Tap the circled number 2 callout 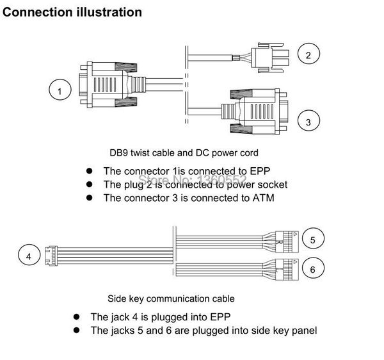[308, 54]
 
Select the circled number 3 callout [308, 122]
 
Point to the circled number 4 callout [28, 256]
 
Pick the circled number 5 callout [312, 240]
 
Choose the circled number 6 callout [312, 269]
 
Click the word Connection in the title [38, 12]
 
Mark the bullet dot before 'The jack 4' [76, 316]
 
